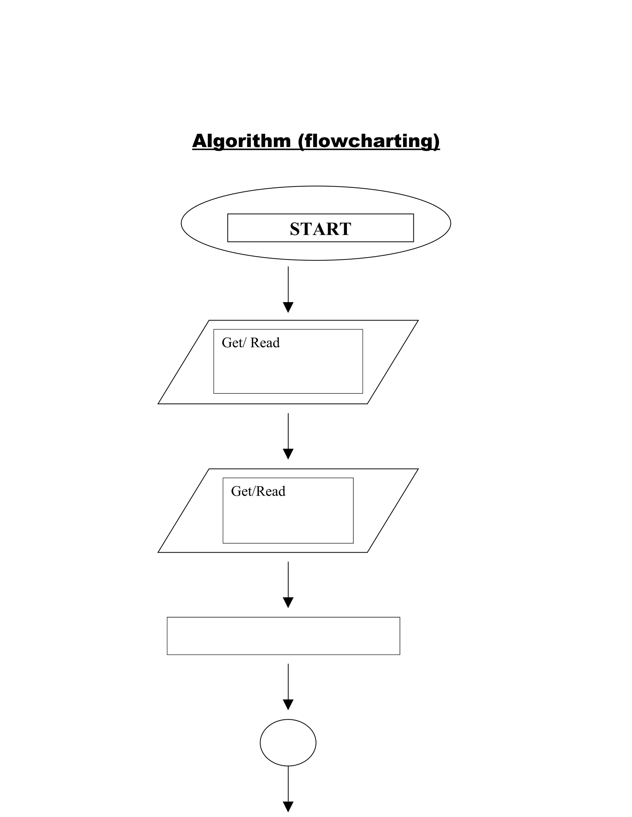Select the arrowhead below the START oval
coord(288,307)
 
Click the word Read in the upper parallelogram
coord(265,343)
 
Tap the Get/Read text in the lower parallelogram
coord(258,491)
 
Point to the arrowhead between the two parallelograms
coord(288,454)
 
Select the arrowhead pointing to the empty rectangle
coord(288,602)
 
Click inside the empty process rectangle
coord(283,636)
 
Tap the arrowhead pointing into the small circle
coord(288,704)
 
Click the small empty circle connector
coord(288,743)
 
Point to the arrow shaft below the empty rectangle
coord(288,681)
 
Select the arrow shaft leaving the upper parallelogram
coord(288,430)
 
